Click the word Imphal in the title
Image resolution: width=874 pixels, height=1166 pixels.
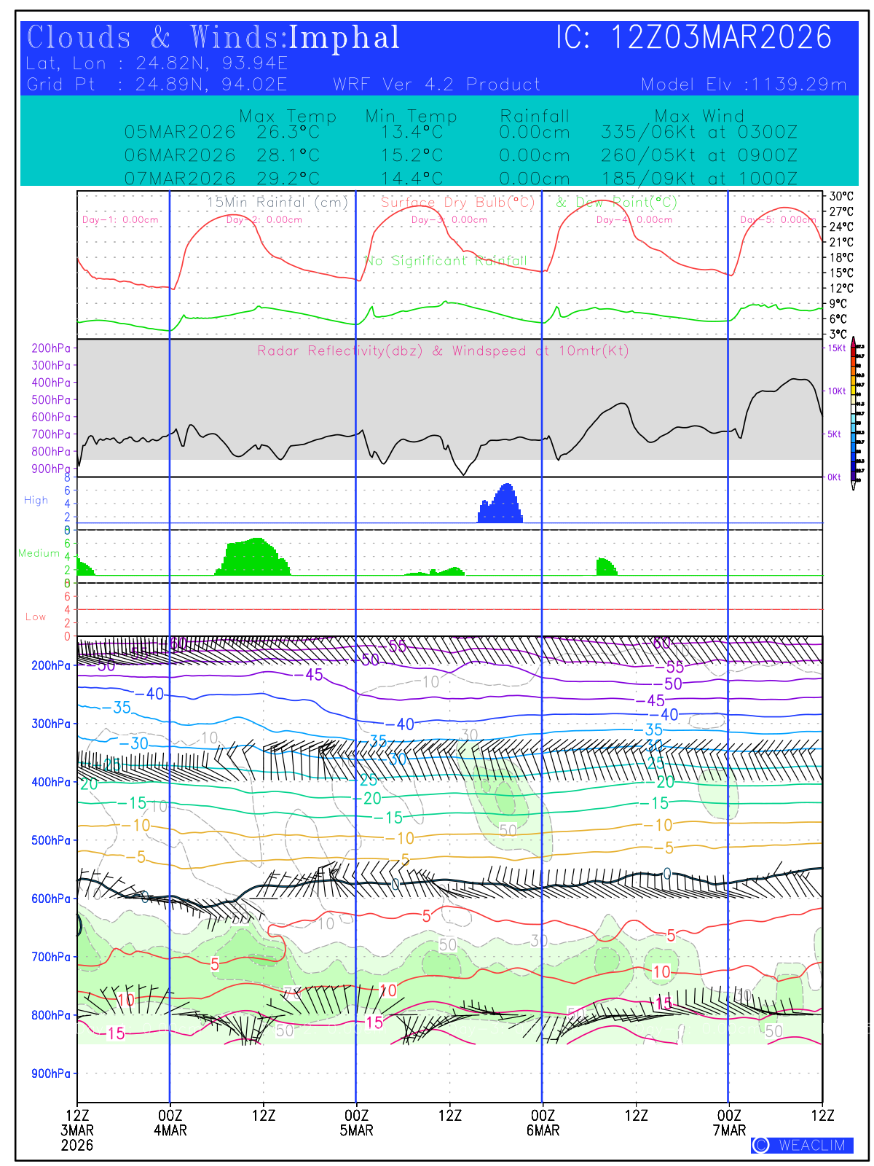click(x=345, y=38)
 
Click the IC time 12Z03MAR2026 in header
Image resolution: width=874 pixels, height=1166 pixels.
click(x=720, y=37)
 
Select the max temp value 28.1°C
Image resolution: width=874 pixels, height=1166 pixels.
click(x=288, y=155)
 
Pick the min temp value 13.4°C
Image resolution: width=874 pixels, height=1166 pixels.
click(x=412, y=133)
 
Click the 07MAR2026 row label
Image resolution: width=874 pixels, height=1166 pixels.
click(x=180, y=179)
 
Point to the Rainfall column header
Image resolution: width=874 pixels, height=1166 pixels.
click(x=535, y=116)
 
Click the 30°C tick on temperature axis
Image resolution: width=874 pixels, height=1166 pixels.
click(x=840, y=196)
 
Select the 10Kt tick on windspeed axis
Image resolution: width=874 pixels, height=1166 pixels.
click(x=836, y=391)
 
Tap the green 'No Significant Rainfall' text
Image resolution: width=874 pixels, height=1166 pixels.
click(x=446, y=260)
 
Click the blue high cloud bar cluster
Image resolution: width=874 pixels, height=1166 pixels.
click(x=500, y=506)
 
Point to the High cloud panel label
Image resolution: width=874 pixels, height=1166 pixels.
click(x=36, y=500)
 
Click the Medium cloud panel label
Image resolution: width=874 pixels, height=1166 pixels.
click(x=39, y=553)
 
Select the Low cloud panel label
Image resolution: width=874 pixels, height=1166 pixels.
click(x=36, y=617)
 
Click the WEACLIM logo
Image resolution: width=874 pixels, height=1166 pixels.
click(x=802, y=1145)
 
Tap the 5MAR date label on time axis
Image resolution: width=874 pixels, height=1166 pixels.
click(x=356, y=1130)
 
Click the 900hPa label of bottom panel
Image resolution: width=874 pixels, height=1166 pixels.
click(x=51, y=1073)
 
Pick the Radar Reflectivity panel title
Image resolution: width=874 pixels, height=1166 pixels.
click(x=443, y=351)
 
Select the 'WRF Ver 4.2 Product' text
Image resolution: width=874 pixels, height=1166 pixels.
click(x=437, y=85)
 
